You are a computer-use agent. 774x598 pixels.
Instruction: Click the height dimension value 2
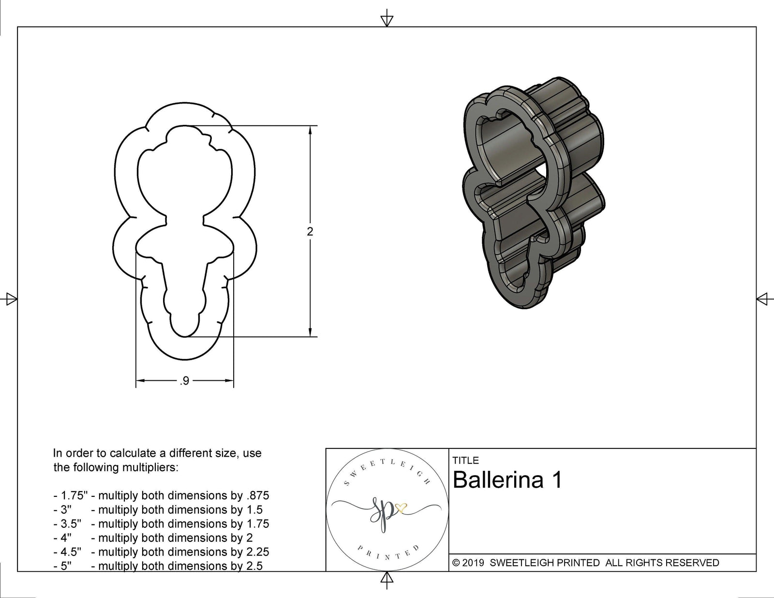[x=310, y=231]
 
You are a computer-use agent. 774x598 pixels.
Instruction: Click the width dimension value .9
[x=184, y=381]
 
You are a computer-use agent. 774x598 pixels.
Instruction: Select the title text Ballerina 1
[x=507, y=480]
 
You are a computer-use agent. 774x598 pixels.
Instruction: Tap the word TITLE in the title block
[x=465, y=461]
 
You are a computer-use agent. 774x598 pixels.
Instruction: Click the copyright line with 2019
[x=585, y=563]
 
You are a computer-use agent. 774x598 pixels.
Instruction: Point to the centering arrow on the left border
[x=10, y=299]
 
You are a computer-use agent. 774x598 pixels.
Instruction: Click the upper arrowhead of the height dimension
[x=310, y=130]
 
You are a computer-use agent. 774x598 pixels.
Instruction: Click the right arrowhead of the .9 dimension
[x=230, y=381]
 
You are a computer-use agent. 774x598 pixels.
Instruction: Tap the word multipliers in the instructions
[x=150, y=467]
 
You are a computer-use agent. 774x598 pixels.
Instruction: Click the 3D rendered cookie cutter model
[x=532, y=194]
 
